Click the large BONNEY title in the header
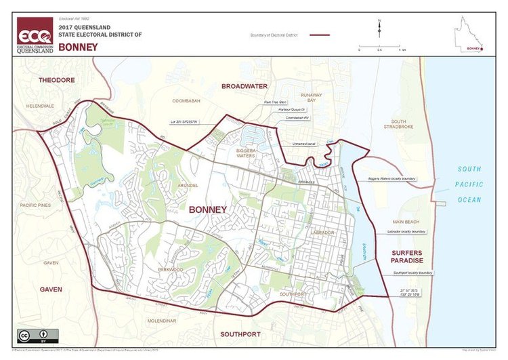[x=78, y=47]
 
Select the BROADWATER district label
[x=245, y=86]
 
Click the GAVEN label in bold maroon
[x=50, y=289]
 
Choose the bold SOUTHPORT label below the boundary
[x=240, y=335]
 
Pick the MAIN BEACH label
[x=406, y=222]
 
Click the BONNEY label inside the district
[x=207, y=210]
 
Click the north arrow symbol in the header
[x=379, y=29]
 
